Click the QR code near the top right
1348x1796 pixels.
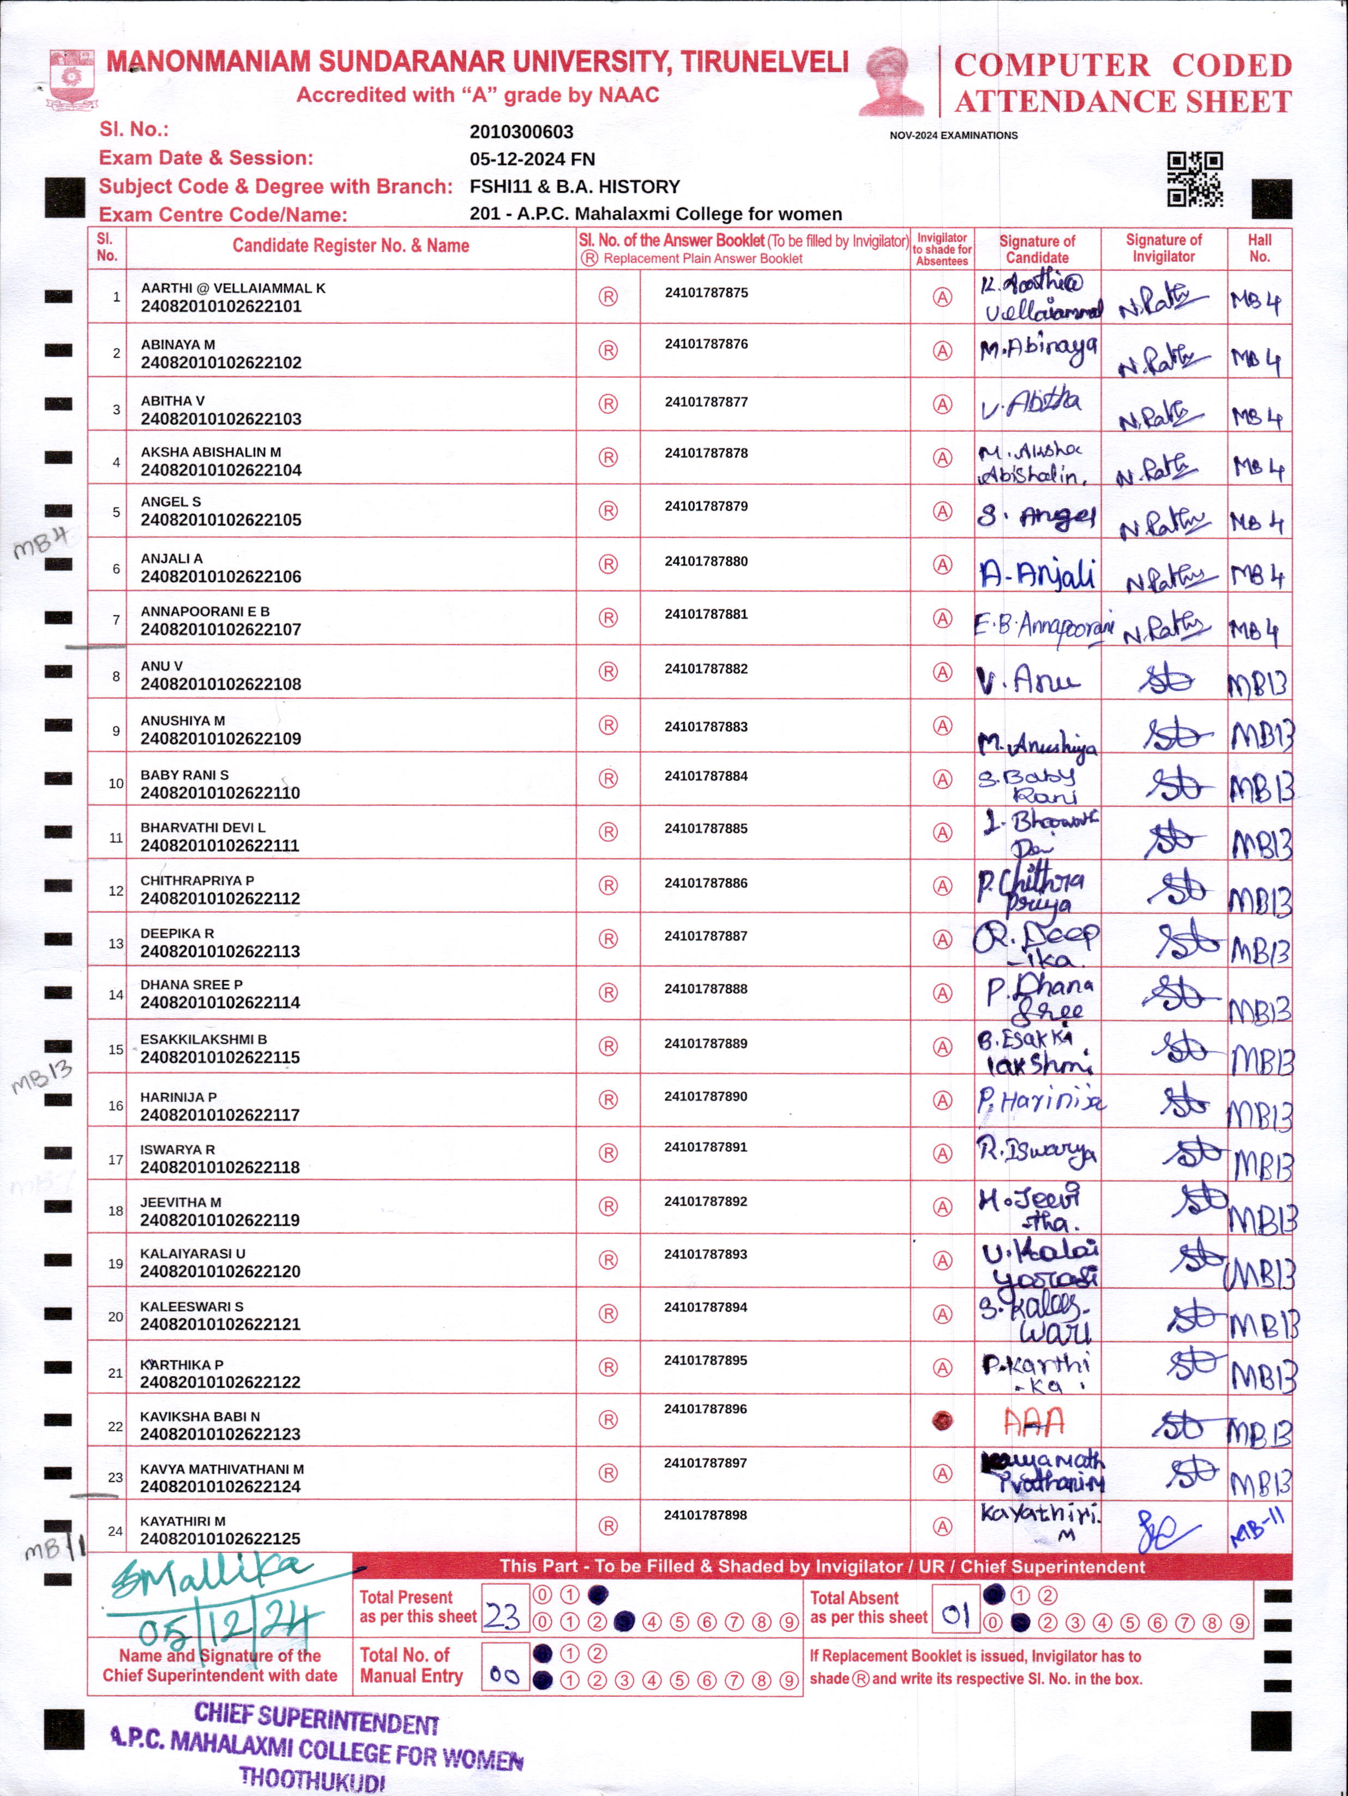[1195, 179]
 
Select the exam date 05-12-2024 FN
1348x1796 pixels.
[532, 159]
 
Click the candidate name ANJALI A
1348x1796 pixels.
[171, 559]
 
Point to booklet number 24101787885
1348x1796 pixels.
[706, 829]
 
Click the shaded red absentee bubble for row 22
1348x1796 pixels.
[942, 1421]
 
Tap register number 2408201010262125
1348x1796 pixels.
[220, 1539]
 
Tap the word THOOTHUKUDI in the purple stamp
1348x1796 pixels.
[312, 1780]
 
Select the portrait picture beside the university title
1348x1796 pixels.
[892, 81]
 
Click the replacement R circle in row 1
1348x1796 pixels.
[608, 297]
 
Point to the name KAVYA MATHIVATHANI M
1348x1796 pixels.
[222, 1469]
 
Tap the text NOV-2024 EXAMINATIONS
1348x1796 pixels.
[953, 136]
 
